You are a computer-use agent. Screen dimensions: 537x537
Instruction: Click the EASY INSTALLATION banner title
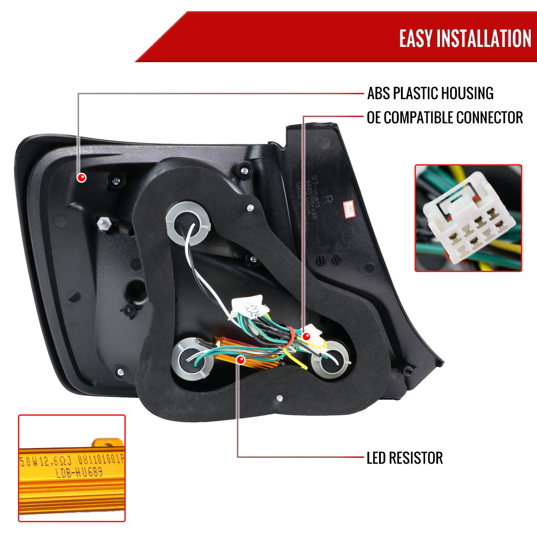(465, 38)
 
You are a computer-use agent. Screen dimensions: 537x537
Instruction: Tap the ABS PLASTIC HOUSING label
(430, 94)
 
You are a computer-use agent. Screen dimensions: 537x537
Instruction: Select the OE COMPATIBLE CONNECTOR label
(445, 118)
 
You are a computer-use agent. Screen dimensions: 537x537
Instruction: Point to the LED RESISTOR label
(405, 458)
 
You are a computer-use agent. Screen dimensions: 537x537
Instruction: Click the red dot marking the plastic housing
(81, 178)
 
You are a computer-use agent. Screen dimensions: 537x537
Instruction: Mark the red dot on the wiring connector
(307, 336)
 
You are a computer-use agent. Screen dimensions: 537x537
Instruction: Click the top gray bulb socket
(183, 219)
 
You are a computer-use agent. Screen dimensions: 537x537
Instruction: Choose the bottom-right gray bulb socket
(331, 358)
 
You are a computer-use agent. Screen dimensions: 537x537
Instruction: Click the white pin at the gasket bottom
(279, 398)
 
